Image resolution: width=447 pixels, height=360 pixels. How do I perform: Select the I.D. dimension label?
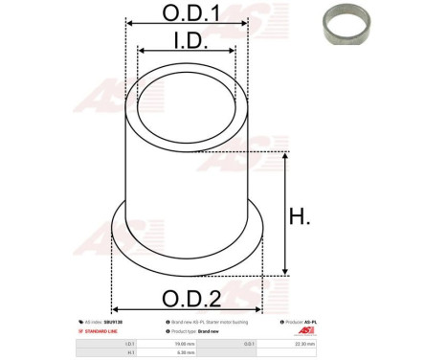pos(188,40)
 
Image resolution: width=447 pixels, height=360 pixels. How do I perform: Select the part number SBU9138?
pos(101,323)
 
